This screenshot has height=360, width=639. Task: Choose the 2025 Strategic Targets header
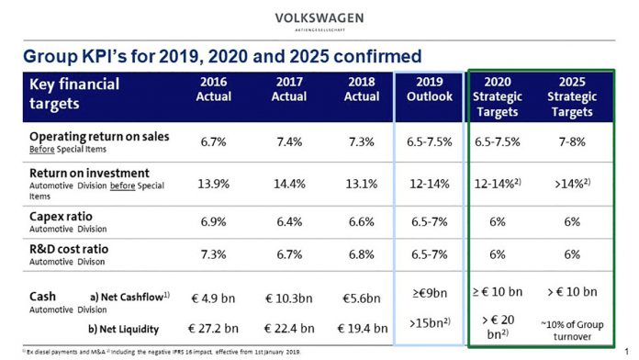571,96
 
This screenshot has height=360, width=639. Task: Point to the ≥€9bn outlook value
428,294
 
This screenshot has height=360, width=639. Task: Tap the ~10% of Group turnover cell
572,329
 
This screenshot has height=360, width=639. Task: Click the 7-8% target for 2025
572,142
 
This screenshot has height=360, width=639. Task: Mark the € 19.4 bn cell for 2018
362,328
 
